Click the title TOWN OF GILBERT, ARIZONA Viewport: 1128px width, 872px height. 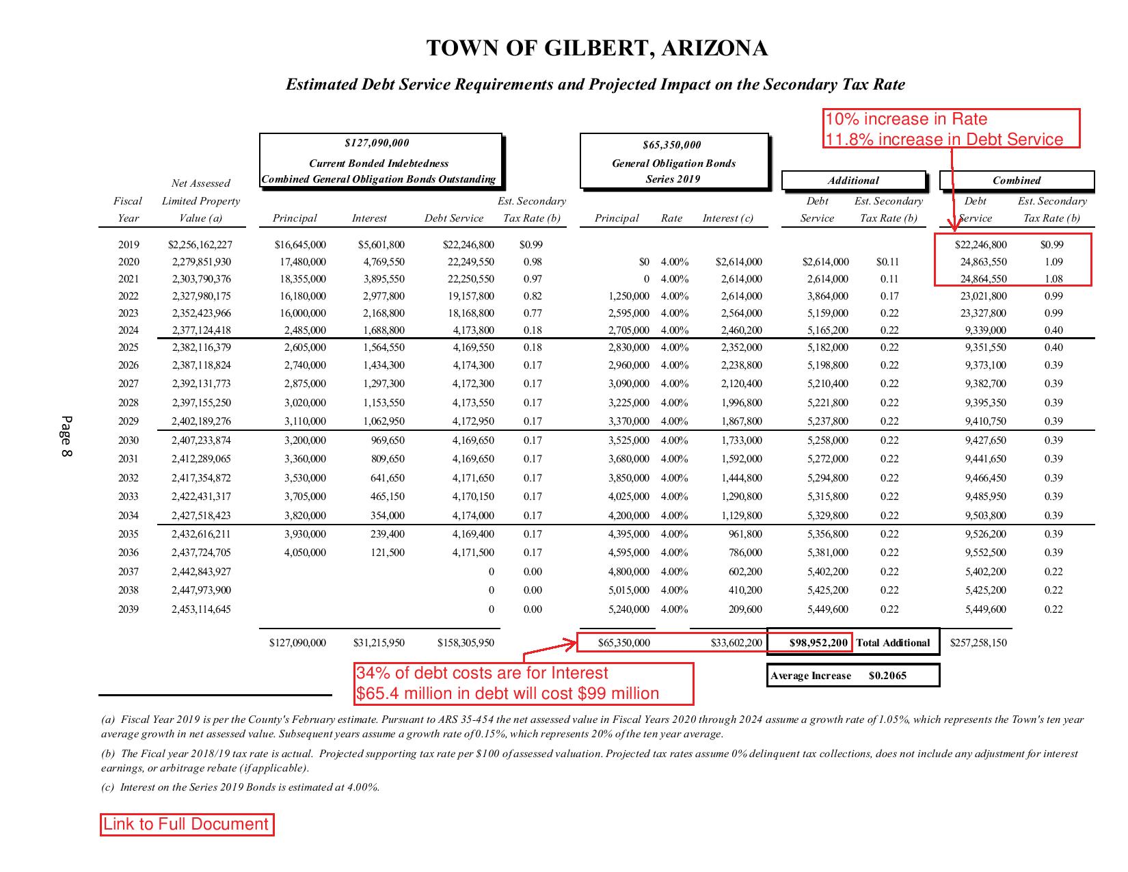[596, 49]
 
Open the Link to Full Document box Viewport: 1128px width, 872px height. [187, 824]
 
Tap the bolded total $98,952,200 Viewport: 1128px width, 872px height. [818, 643]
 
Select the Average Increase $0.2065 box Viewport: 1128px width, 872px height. [852, 676]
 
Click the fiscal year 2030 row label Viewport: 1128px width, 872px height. [129, 440]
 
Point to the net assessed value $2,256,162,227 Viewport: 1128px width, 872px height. [200, 245]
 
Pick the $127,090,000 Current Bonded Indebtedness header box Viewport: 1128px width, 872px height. [380, 161]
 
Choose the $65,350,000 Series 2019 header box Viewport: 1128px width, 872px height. [673, 161]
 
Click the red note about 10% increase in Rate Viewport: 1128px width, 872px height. [951, 129]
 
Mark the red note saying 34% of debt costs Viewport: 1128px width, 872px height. [524, 683]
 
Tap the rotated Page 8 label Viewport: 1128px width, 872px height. [66, 436]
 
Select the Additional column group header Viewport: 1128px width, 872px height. [853, 181]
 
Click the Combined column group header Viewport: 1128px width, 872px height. [1017, 181]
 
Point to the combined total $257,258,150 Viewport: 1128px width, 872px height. [978, 643]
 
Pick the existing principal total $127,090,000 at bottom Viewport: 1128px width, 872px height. [297, 643]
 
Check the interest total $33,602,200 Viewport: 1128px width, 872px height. [736, 643]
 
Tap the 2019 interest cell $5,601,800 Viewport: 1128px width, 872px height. [381, 245]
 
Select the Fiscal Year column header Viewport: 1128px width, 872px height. [128, 209]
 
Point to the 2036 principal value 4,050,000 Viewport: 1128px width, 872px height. [305, 553]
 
